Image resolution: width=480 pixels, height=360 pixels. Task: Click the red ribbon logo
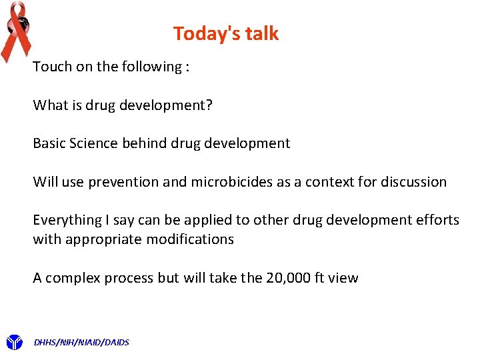16,30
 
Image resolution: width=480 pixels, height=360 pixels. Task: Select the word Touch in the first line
51,67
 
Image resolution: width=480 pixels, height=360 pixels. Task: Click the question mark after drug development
209,105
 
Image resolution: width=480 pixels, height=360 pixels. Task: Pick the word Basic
49,143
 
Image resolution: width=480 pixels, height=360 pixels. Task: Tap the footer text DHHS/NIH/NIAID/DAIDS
81,343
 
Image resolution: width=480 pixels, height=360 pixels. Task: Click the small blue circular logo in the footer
13,343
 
